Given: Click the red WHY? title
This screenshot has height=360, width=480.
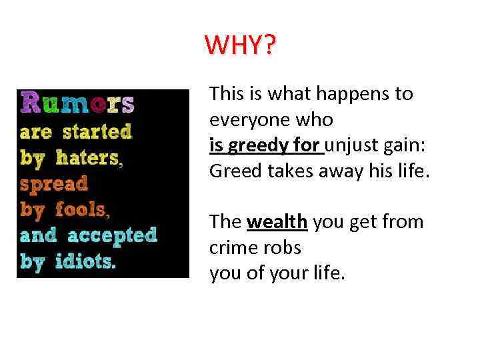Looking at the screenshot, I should pos(240,45).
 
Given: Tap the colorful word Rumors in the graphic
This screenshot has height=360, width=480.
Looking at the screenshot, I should pos(77,104).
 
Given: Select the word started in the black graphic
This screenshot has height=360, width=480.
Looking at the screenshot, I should pos(97,131).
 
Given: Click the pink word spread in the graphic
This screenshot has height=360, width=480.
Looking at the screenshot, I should pos(53,183).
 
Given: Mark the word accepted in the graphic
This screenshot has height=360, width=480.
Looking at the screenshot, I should pos(111,235).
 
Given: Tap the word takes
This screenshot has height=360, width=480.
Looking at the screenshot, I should pos(289,171).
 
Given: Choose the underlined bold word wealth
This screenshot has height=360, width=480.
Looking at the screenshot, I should pos(277,222).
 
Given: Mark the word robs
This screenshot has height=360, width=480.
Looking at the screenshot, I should pos(283,247).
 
